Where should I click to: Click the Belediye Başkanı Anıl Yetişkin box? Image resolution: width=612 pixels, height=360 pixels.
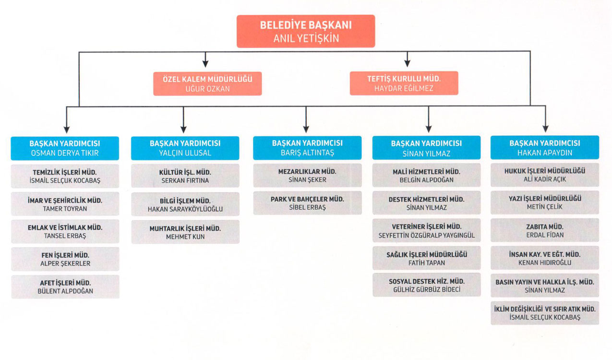tap(305, 31)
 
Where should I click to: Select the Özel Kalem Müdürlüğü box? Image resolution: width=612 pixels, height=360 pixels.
tap(207, 84)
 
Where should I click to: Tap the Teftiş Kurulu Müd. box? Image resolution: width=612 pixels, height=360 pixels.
tap(404, 84)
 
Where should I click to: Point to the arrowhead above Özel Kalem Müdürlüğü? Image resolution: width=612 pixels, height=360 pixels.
tap(205, 62)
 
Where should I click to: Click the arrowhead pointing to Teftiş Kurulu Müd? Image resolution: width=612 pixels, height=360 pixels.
tap(408, 62)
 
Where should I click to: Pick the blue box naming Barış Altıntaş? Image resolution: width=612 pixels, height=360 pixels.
tap(307, 148)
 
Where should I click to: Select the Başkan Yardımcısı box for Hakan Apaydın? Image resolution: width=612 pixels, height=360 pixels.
tap(544, 148)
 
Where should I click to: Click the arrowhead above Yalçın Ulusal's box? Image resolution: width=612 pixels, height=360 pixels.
tap(183, 129)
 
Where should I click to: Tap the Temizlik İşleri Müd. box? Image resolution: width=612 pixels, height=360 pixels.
tap(65, 176)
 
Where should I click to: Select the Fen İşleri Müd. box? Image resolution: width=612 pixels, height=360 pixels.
tap(65, 259)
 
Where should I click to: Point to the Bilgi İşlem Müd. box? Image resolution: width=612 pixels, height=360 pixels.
tap(185, 204)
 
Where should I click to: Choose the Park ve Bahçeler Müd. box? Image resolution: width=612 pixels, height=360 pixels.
tap(307, 203)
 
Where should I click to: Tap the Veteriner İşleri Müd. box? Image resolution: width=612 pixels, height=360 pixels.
tap(426, 230)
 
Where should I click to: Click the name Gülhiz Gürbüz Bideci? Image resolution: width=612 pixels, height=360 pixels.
tap(426, 290)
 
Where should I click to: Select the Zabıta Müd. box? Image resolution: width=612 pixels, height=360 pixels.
tap(544, 230)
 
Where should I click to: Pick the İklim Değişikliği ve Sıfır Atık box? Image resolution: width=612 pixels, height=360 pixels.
tap(544, 313)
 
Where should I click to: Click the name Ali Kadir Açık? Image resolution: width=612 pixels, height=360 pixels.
tap(544, 179)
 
